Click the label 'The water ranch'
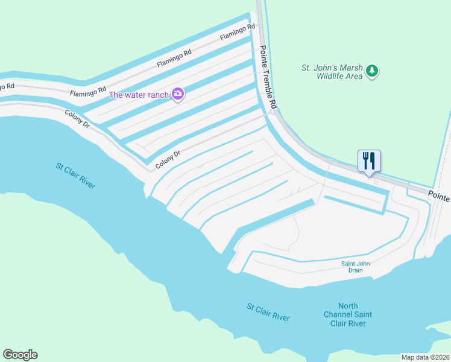pos(139,95)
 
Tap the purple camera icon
pos(178,94)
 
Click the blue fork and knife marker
pos(369,161)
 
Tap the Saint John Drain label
pos(355,267)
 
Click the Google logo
pos(20,355)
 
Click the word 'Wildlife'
pos(332,77)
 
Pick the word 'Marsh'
pos(350,68)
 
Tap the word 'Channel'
pos(339,315)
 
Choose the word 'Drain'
pos(355,270)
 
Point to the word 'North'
pos(348,306)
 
